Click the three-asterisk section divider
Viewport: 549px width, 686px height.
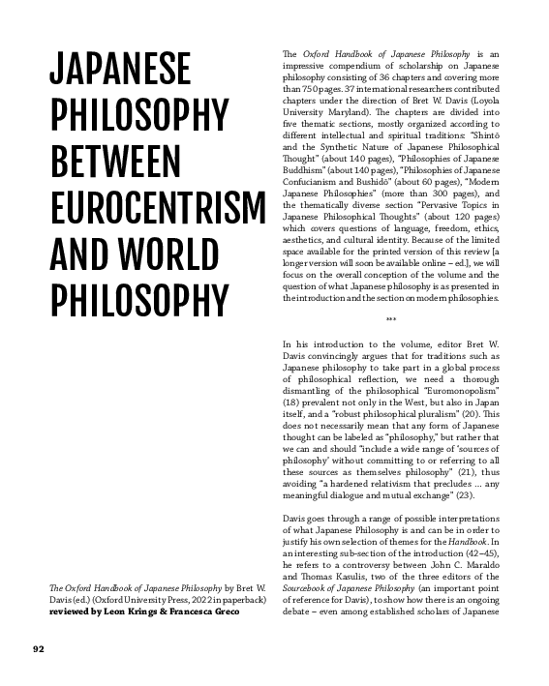click(391, 320)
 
